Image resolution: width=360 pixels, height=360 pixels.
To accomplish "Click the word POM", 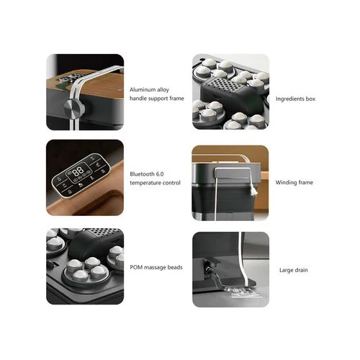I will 136,267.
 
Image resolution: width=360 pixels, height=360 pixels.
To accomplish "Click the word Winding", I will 286,182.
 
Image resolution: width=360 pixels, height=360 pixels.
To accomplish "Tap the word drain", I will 303,270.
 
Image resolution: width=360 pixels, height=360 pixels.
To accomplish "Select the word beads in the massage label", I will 173,267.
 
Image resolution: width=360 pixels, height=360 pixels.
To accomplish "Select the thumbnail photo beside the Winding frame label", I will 230,183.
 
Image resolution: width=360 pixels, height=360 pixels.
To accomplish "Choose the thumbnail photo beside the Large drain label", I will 230,269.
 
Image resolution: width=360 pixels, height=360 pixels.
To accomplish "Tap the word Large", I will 287,270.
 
